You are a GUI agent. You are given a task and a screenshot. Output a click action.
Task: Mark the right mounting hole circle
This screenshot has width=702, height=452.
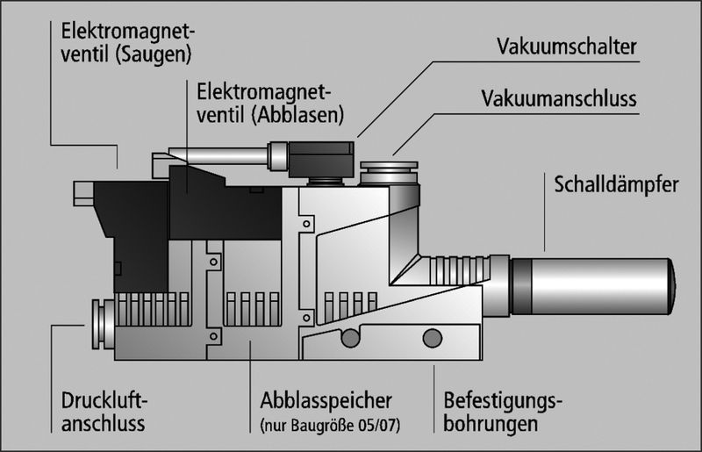point(432,337)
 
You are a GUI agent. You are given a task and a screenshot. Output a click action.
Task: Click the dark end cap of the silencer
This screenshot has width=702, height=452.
point(670,285)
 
